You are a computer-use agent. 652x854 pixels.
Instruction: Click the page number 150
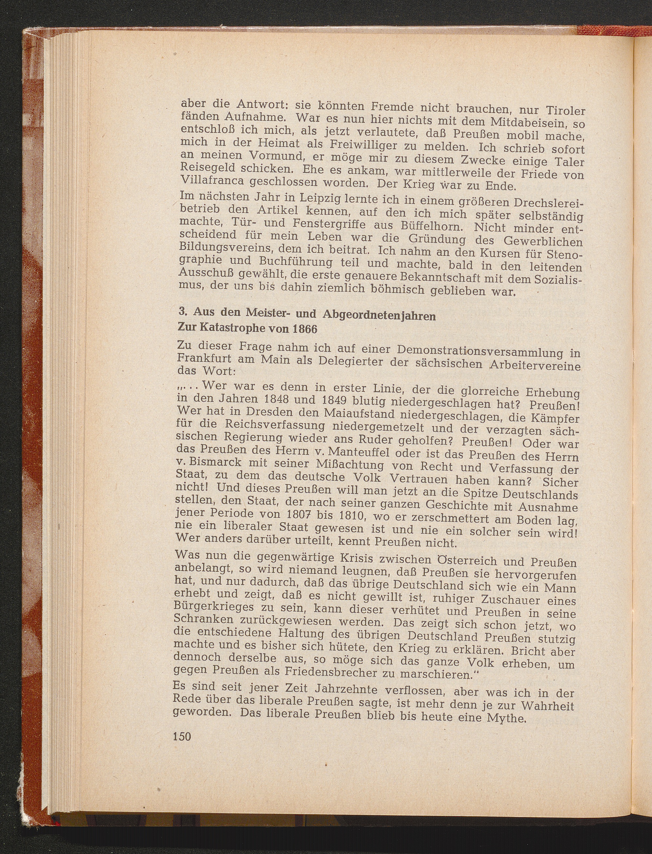pyautogui.click(x=182, y=736)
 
